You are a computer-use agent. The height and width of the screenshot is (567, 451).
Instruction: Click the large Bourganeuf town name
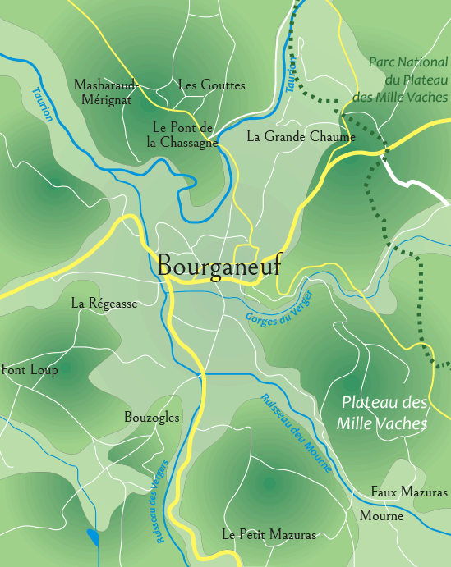pos(218,265)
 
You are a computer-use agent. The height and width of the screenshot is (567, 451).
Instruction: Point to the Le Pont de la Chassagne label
pos(182,135)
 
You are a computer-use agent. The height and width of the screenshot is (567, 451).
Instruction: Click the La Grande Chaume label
pos(301,137)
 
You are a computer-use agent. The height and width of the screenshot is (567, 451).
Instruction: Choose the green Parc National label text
pos(406,80)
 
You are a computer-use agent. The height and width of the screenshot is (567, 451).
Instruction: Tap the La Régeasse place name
pos(104,303)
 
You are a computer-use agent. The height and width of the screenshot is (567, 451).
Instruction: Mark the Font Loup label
pos(30,370)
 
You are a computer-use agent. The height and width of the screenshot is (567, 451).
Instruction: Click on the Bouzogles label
pos(151,418)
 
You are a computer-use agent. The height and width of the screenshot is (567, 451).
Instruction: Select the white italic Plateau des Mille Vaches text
pos(384,414)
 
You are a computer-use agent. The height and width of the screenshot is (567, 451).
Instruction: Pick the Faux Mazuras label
pos(409,492)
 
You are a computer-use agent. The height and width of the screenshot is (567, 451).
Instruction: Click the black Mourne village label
pos(381,517)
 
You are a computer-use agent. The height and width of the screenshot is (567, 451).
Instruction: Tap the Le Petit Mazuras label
pos(269,535)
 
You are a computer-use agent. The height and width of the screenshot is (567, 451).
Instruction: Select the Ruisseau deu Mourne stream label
pos(297,433)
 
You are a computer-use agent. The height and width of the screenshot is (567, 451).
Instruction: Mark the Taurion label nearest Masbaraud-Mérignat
pos(42,104)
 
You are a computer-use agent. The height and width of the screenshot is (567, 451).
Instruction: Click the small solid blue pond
pos(93,537)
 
